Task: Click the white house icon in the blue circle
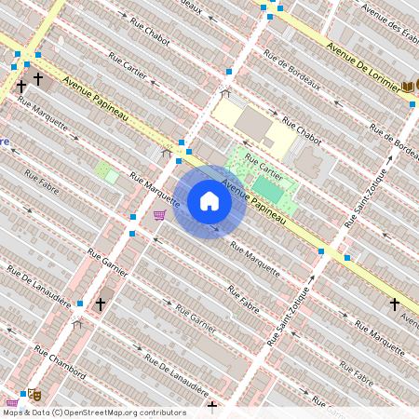pyautogui.click(x=209, y=201)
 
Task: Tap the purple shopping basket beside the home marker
pyautogui.click(x=159, y=215)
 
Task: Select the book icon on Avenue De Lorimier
pyautogui.click(x=408, y=87)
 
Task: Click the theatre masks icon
pyautogui.click(x=34, y=395)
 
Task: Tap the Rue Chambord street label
pyautogui.click(x=60, y=362)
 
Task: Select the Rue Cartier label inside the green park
pyautogui.click(x=264, y=167)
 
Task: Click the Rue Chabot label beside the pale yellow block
pyautogui.click(x=302, y=133)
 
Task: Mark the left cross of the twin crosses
pyautogui.click(x=20, y=86)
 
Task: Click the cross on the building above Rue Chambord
pyautogui.click(x=100, y=304)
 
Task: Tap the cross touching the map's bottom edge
pyautogui.click(x=212, y=407)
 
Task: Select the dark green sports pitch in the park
pyautogui.click(x=268, y=189)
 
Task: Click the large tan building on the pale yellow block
pyautogui.click(x=253, y=124)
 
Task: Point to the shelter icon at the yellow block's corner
pyautogui.click(x=224, y=94)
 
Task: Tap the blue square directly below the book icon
pyautogui.click(x=412, y=104)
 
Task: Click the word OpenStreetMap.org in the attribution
pyautogui.click(x=116, y=412)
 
